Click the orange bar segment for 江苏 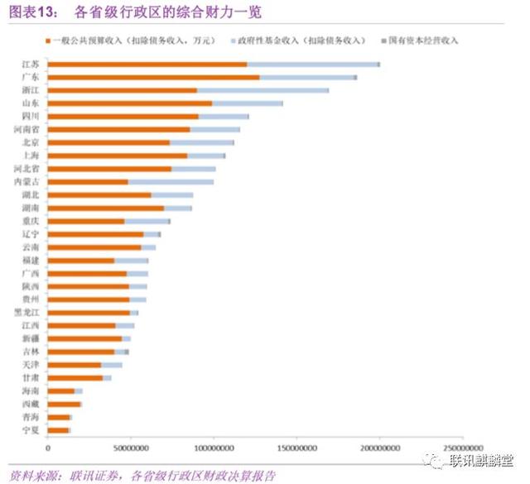click(147, 65)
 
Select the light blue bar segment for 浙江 click(263, 90)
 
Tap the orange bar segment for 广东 click(153, 77)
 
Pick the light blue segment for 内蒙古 click(171, 181)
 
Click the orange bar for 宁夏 click(58, 430)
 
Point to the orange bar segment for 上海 click(117, 156)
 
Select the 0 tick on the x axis click(48, 448)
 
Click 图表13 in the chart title click(33, 12)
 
